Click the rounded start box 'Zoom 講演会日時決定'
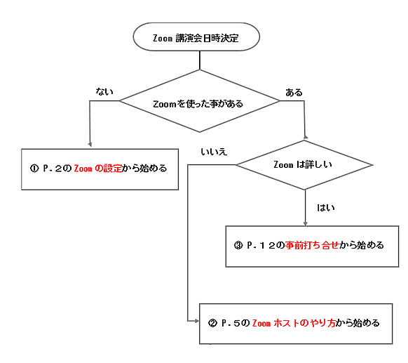[x=196, y=37]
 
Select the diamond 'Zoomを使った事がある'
[x=199, y=101]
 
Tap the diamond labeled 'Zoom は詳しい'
[x=304, y=165]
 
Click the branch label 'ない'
[x=104, y=91]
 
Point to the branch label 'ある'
[x=294, y=93]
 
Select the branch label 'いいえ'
[x=214, y=152]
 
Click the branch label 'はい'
[x=326, y=208]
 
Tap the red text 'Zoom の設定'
[x=98, y=169]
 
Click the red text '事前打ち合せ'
[x=312, y=245]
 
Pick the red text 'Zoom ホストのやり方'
[x=294, y=323]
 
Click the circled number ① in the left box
[x=34, y=169]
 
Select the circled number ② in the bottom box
[x=212, y=323]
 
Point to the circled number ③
[x=238, y=245]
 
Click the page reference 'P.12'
[x=261, y=245]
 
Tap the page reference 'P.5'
[x=231, y=323]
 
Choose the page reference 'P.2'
[x=53, y=169]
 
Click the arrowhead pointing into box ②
[x=197, y=321]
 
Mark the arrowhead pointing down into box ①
[x=90, y=145]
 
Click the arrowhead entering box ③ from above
[x=306, y=223]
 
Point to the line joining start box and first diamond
[x=200, y=60]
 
